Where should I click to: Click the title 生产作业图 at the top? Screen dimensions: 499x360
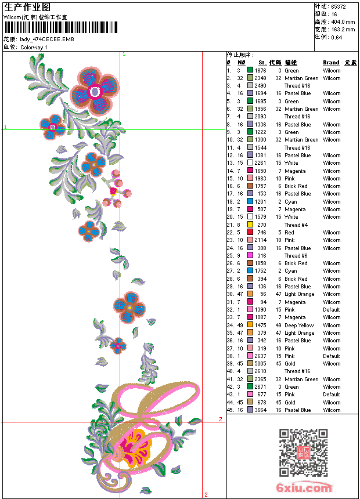pos(27,7)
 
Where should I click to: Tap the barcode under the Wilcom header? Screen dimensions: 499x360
pos(60,27)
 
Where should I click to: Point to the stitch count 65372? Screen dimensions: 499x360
pos(339,7)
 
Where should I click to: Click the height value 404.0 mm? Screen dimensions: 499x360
pos(343,22)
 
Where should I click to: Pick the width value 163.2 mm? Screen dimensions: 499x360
pos(343,30)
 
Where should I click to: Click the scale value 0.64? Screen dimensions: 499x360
pos(337,37)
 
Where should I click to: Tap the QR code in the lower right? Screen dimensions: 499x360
pos(303,453)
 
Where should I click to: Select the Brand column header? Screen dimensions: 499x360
pos(331,63)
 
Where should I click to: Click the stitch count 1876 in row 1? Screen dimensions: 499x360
pos(260,70)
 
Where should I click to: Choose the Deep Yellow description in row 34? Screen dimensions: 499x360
pos(299,326)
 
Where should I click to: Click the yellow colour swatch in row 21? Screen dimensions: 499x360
pos(250,225)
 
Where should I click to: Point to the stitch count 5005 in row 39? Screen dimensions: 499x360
pos(260,364)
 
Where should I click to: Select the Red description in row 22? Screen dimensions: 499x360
pos(290,233)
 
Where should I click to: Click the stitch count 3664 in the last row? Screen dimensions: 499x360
pos(260,410)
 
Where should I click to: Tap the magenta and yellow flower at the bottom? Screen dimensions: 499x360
pos(134,446)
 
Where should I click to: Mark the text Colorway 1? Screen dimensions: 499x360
pos(34,47)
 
